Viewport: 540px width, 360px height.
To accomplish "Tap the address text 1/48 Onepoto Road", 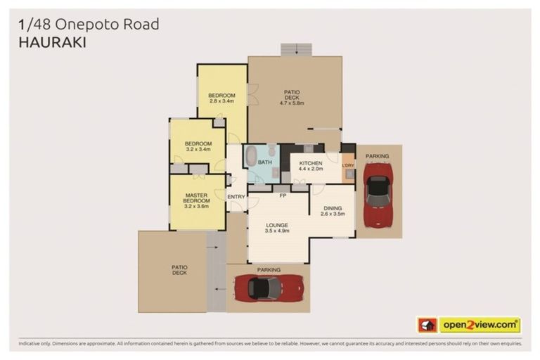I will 89,24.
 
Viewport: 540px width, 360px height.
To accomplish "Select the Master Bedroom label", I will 196,198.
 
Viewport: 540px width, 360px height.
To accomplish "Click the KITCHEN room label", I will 310,162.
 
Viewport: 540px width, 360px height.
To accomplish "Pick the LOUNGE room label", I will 277,225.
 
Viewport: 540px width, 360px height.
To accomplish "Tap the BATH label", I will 264,162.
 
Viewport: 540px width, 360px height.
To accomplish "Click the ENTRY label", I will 236,196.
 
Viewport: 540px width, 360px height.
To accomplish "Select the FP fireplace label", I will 283,195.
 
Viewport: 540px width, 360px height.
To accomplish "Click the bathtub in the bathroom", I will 251,155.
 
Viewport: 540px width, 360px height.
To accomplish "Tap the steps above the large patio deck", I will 295,49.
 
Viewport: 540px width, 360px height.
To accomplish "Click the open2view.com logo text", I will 479,325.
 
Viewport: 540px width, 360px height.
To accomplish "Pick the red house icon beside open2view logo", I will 427,325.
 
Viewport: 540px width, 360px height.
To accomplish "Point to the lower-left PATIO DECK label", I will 179,269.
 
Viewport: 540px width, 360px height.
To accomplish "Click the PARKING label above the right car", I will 377,156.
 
